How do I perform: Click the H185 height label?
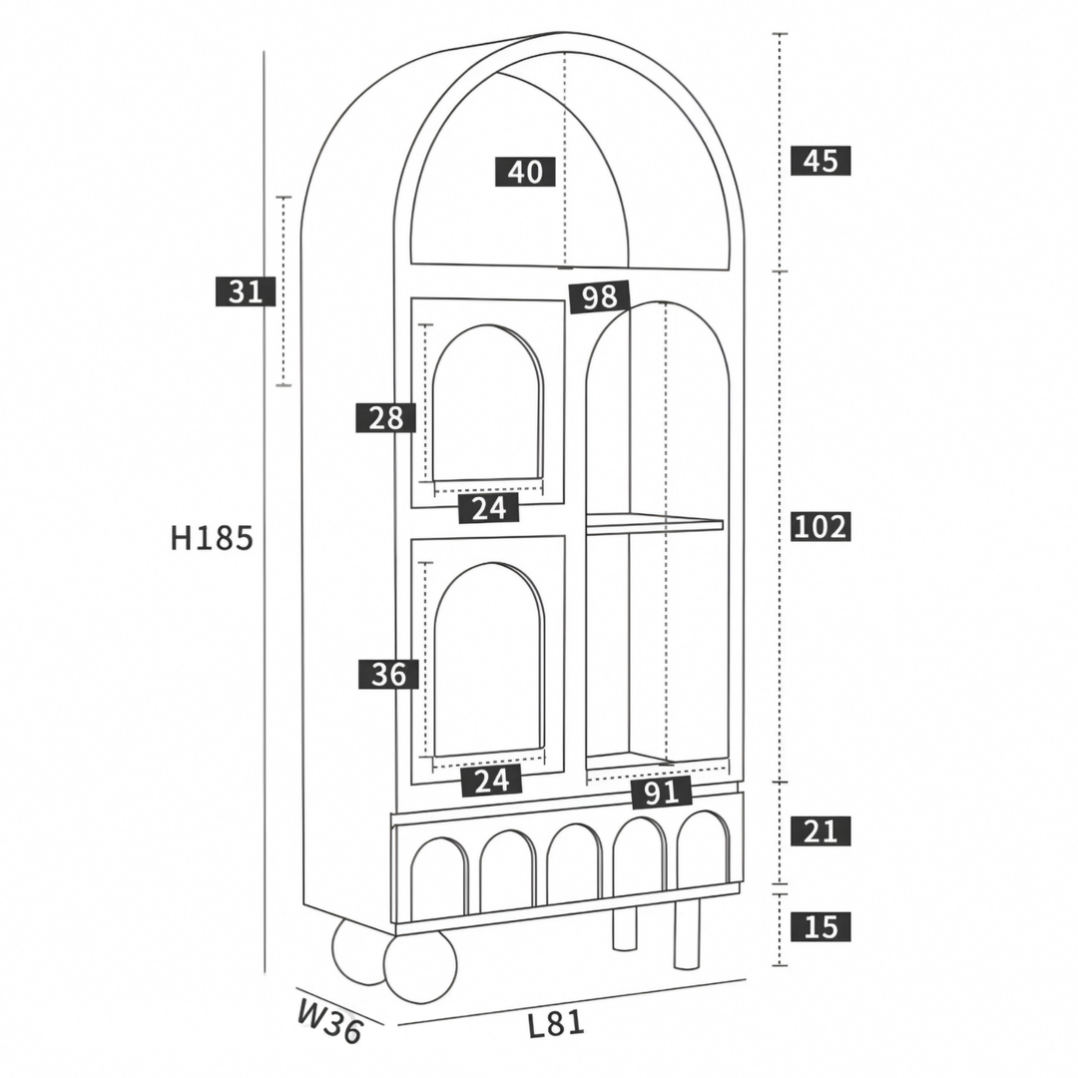[x=212, y=538]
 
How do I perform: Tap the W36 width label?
[x=330, y=1020]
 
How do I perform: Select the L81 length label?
[x=556, y=1024]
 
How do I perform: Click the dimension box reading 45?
[x=820, y=160]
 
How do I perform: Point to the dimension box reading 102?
[x=820, y=526]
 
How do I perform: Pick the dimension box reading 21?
[x=820, y=831]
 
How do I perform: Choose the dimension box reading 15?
[x=820, y=926]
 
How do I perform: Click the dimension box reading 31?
[x=246, y=290]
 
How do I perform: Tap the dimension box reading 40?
[x=525, y=172]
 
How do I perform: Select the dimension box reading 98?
[x=599, y=296]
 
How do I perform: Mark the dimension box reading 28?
[x=385, y=417]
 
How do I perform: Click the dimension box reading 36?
[x=388, y=674]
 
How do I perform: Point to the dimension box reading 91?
[x=662, y=793]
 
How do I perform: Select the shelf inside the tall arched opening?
[x=655, y=523]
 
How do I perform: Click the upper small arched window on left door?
[x=487, y=403]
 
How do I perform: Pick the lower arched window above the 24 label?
[x=489, y=660]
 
